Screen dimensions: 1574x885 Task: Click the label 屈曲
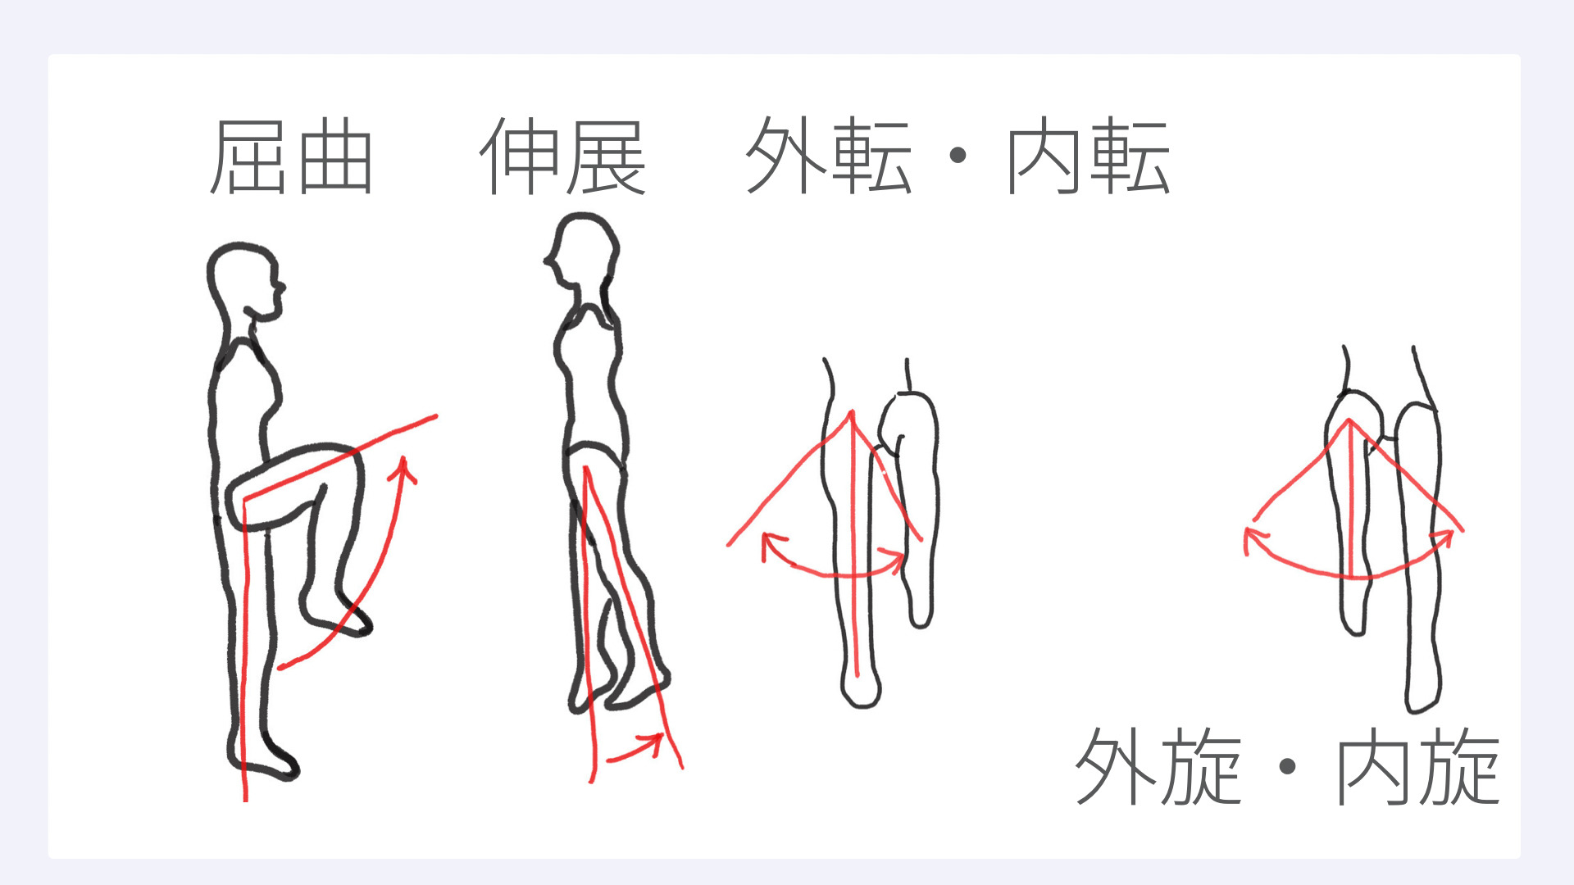pos(292,157)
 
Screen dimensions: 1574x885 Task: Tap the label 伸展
pos(562,157)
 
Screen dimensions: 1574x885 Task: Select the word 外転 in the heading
pos(829,155)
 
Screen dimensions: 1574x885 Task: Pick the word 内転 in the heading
pos(1087,155)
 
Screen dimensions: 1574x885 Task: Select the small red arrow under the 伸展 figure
pos(635,748)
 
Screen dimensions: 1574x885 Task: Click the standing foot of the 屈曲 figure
pos(262,760)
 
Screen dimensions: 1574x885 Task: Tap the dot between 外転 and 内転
pos(958,156)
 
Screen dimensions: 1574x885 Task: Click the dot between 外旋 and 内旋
pos(1287,766)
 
